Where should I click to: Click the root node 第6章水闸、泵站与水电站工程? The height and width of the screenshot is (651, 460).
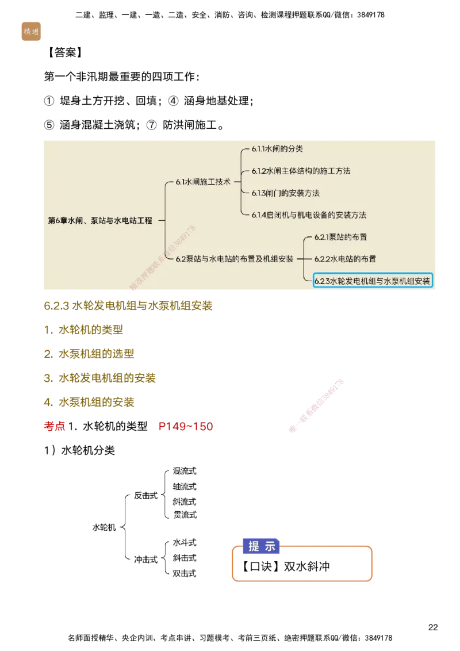pos(100,220)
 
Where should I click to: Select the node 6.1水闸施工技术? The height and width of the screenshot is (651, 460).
pos(203,182)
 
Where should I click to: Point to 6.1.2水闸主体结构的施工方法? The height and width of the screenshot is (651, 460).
pos(301,171)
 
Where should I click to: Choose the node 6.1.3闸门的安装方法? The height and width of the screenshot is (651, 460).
pos(285,193)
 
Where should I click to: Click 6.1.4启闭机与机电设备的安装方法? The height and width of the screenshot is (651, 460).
pos(309,215)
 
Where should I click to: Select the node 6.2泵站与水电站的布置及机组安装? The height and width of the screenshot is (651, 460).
pos(235,259)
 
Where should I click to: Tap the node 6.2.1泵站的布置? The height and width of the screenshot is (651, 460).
pos(340,237)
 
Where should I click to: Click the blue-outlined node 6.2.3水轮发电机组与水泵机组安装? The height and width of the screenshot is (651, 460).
pos(372,281)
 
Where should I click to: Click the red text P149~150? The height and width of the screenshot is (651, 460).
pos(185,427)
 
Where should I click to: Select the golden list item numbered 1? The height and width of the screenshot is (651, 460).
pos(83,330)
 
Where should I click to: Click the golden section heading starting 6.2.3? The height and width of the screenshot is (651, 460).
pos(129,306)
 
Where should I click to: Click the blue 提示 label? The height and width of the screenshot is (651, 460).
pos(262,547)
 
